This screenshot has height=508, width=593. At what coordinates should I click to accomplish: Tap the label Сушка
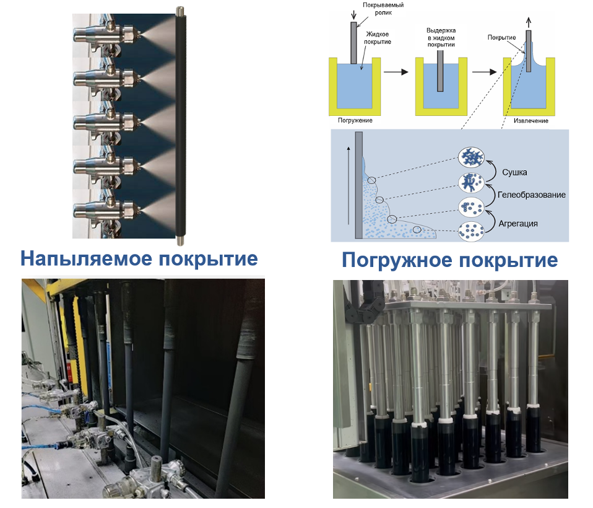514,172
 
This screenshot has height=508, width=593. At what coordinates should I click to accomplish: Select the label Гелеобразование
532,195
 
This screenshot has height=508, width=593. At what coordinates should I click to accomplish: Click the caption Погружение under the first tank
355,120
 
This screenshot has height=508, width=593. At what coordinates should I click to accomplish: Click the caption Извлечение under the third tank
530,120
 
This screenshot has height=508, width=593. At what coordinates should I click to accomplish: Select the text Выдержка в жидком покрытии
441,37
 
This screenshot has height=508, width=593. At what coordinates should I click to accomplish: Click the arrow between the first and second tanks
397,72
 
